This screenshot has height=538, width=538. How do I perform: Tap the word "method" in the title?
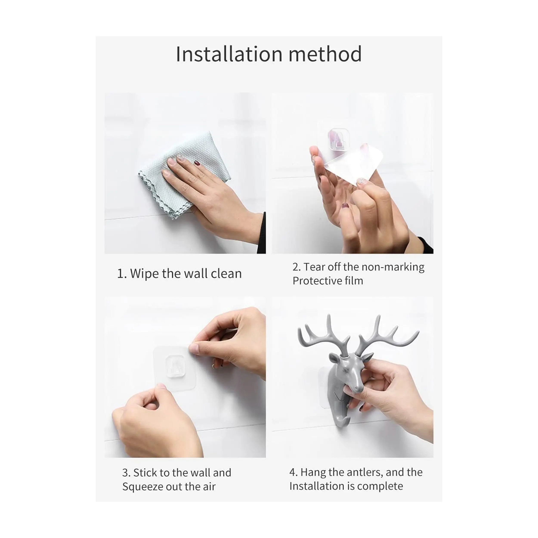(325, 54)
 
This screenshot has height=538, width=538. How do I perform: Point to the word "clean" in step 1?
(226, 274)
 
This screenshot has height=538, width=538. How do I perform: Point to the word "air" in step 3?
(209, 487)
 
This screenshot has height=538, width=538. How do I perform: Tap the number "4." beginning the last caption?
(293, 472)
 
